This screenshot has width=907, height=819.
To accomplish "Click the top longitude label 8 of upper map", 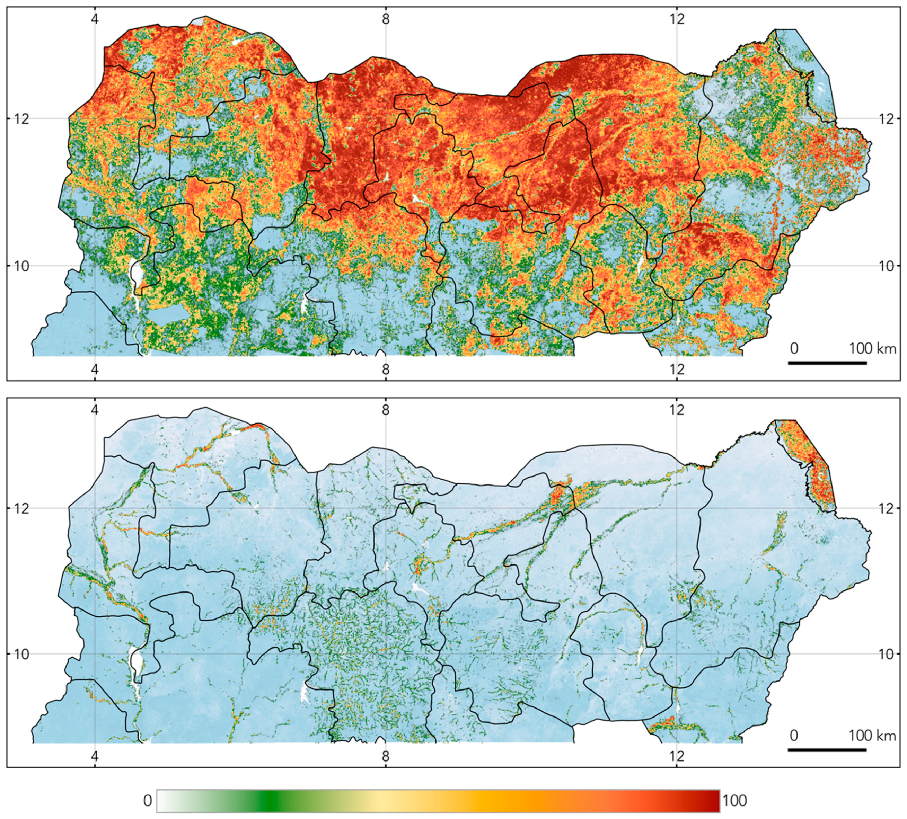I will (x=386, y=19).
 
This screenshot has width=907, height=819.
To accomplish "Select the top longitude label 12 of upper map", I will (x=677, y=19).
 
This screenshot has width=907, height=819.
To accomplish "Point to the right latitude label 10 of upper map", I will (x=886, y=266).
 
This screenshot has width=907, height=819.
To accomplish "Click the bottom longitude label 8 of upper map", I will (x=386, y=369).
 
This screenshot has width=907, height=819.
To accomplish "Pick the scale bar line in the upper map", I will (x=827, y=363).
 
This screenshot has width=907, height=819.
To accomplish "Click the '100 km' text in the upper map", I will (x=872, y=349).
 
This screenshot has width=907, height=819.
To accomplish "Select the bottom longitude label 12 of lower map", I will (x=677, y=756).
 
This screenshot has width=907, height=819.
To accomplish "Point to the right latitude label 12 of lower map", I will (x=886, y=509).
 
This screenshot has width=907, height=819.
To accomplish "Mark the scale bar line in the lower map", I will (x=827, y=750).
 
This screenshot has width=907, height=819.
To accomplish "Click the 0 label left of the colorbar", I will (x=147, y=801).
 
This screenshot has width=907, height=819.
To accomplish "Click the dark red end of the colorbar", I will (x=713, y=801).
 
